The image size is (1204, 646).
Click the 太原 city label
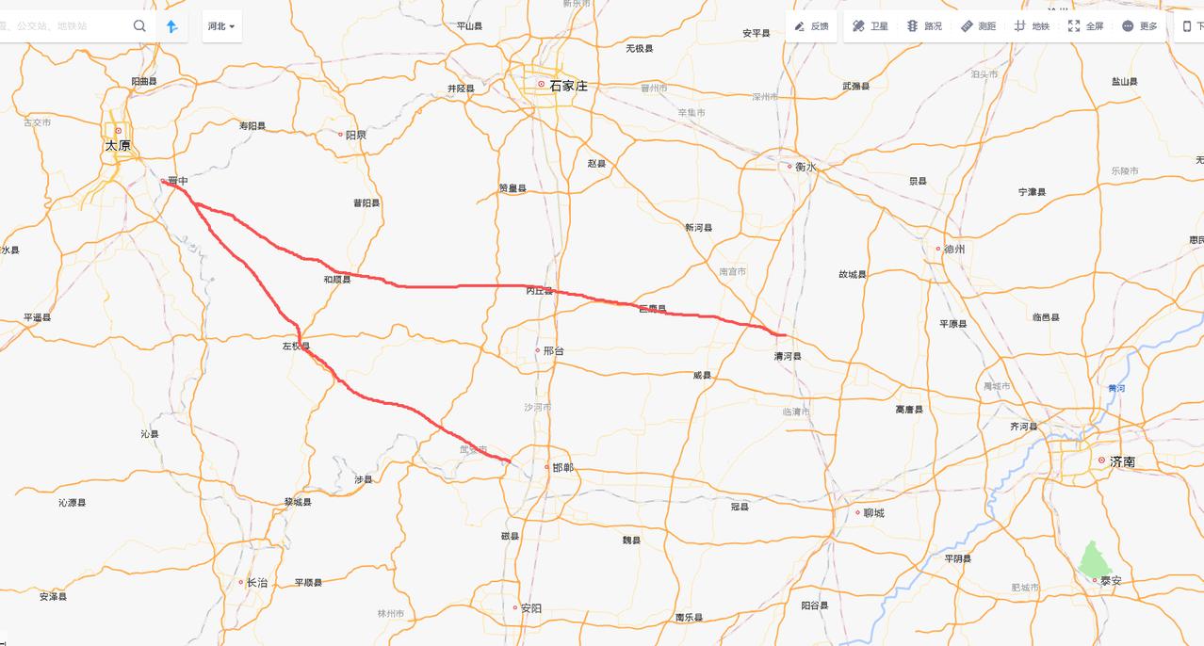(x=118, y=145)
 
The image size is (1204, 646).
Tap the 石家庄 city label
(x=568, y=85)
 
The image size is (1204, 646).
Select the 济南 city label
(x=1122, y=461)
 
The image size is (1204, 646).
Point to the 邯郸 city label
(x=562, y=468)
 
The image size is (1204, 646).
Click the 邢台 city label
(x=554, y=350)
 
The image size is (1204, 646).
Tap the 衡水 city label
(x=805, y=167)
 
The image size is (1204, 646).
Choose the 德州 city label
(x=954, y=250)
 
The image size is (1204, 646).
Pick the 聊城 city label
(x=873, y=513)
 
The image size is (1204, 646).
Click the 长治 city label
(x=256, y=583)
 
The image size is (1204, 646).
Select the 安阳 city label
(x=530, y=608)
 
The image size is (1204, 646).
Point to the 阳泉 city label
(x=355, y=135)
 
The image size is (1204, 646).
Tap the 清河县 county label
(x=788, y=357)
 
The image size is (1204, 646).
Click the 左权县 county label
(x=296, y=347)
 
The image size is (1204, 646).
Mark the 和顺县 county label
(x=336, y=280)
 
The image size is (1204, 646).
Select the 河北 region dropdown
(x=221, y=26)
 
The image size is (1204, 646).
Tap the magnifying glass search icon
(x=139, y=26)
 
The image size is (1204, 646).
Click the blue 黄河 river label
(x=1116, y=388)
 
